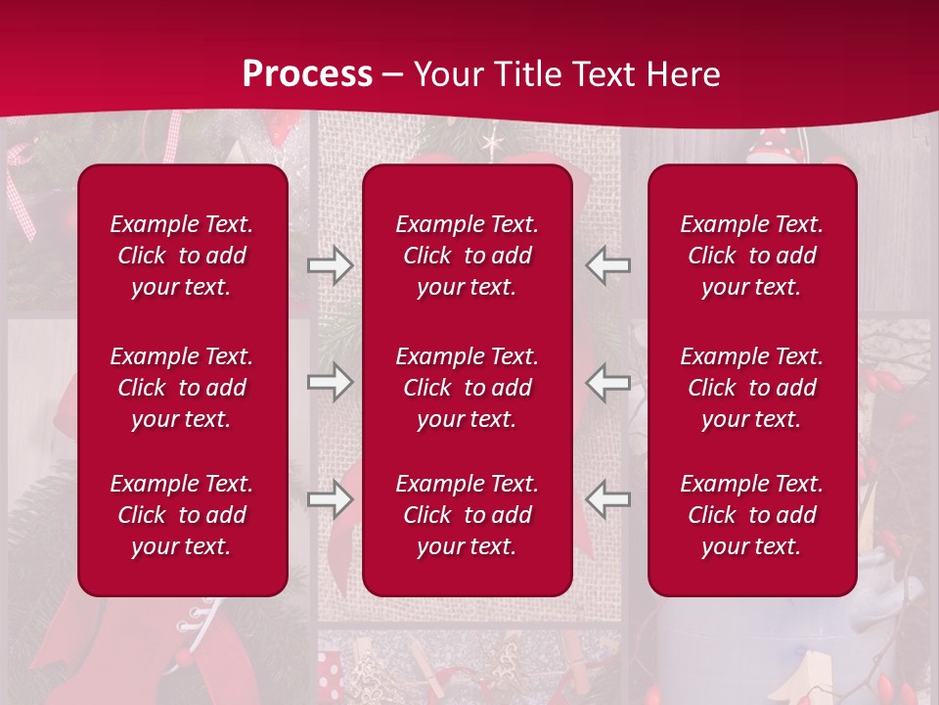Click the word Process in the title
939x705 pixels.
pos(307,74)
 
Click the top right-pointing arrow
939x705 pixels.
pos(330,265)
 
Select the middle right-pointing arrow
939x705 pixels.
pos(330,382)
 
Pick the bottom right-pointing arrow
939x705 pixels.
pos(330,499)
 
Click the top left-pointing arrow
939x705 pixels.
pos(607,265)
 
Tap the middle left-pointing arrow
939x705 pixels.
pos(607,382)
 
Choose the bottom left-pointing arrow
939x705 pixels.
pos(607,499)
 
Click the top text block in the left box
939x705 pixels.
pos(182,256)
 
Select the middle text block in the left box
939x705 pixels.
pos(182,388)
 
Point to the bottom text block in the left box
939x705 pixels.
pos(182,515)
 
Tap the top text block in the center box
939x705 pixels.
pos(468,256)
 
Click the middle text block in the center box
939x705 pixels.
pos(468,388)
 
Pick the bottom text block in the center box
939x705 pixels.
pos(468,515)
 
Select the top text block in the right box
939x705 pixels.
pos(752,256)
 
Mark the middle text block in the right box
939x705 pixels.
pos(752,388)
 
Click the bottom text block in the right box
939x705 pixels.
pos(752,515)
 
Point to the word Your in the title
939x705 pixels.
pos(449,74)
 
